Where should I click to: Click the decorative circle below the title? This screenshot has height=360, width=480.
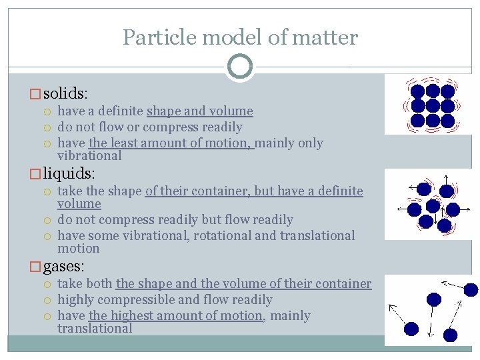coord(240,67)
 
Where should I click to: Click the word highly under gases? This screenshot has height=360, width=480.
coord(77,300)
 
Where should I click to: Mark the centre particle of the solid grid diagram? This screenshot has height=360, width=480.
coord(433,105)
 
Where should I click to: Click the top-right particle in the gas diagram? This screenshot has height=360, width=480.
coord(471,289)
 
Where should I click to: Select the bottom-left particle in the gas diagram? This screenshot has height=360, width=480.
coord(411,329)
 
